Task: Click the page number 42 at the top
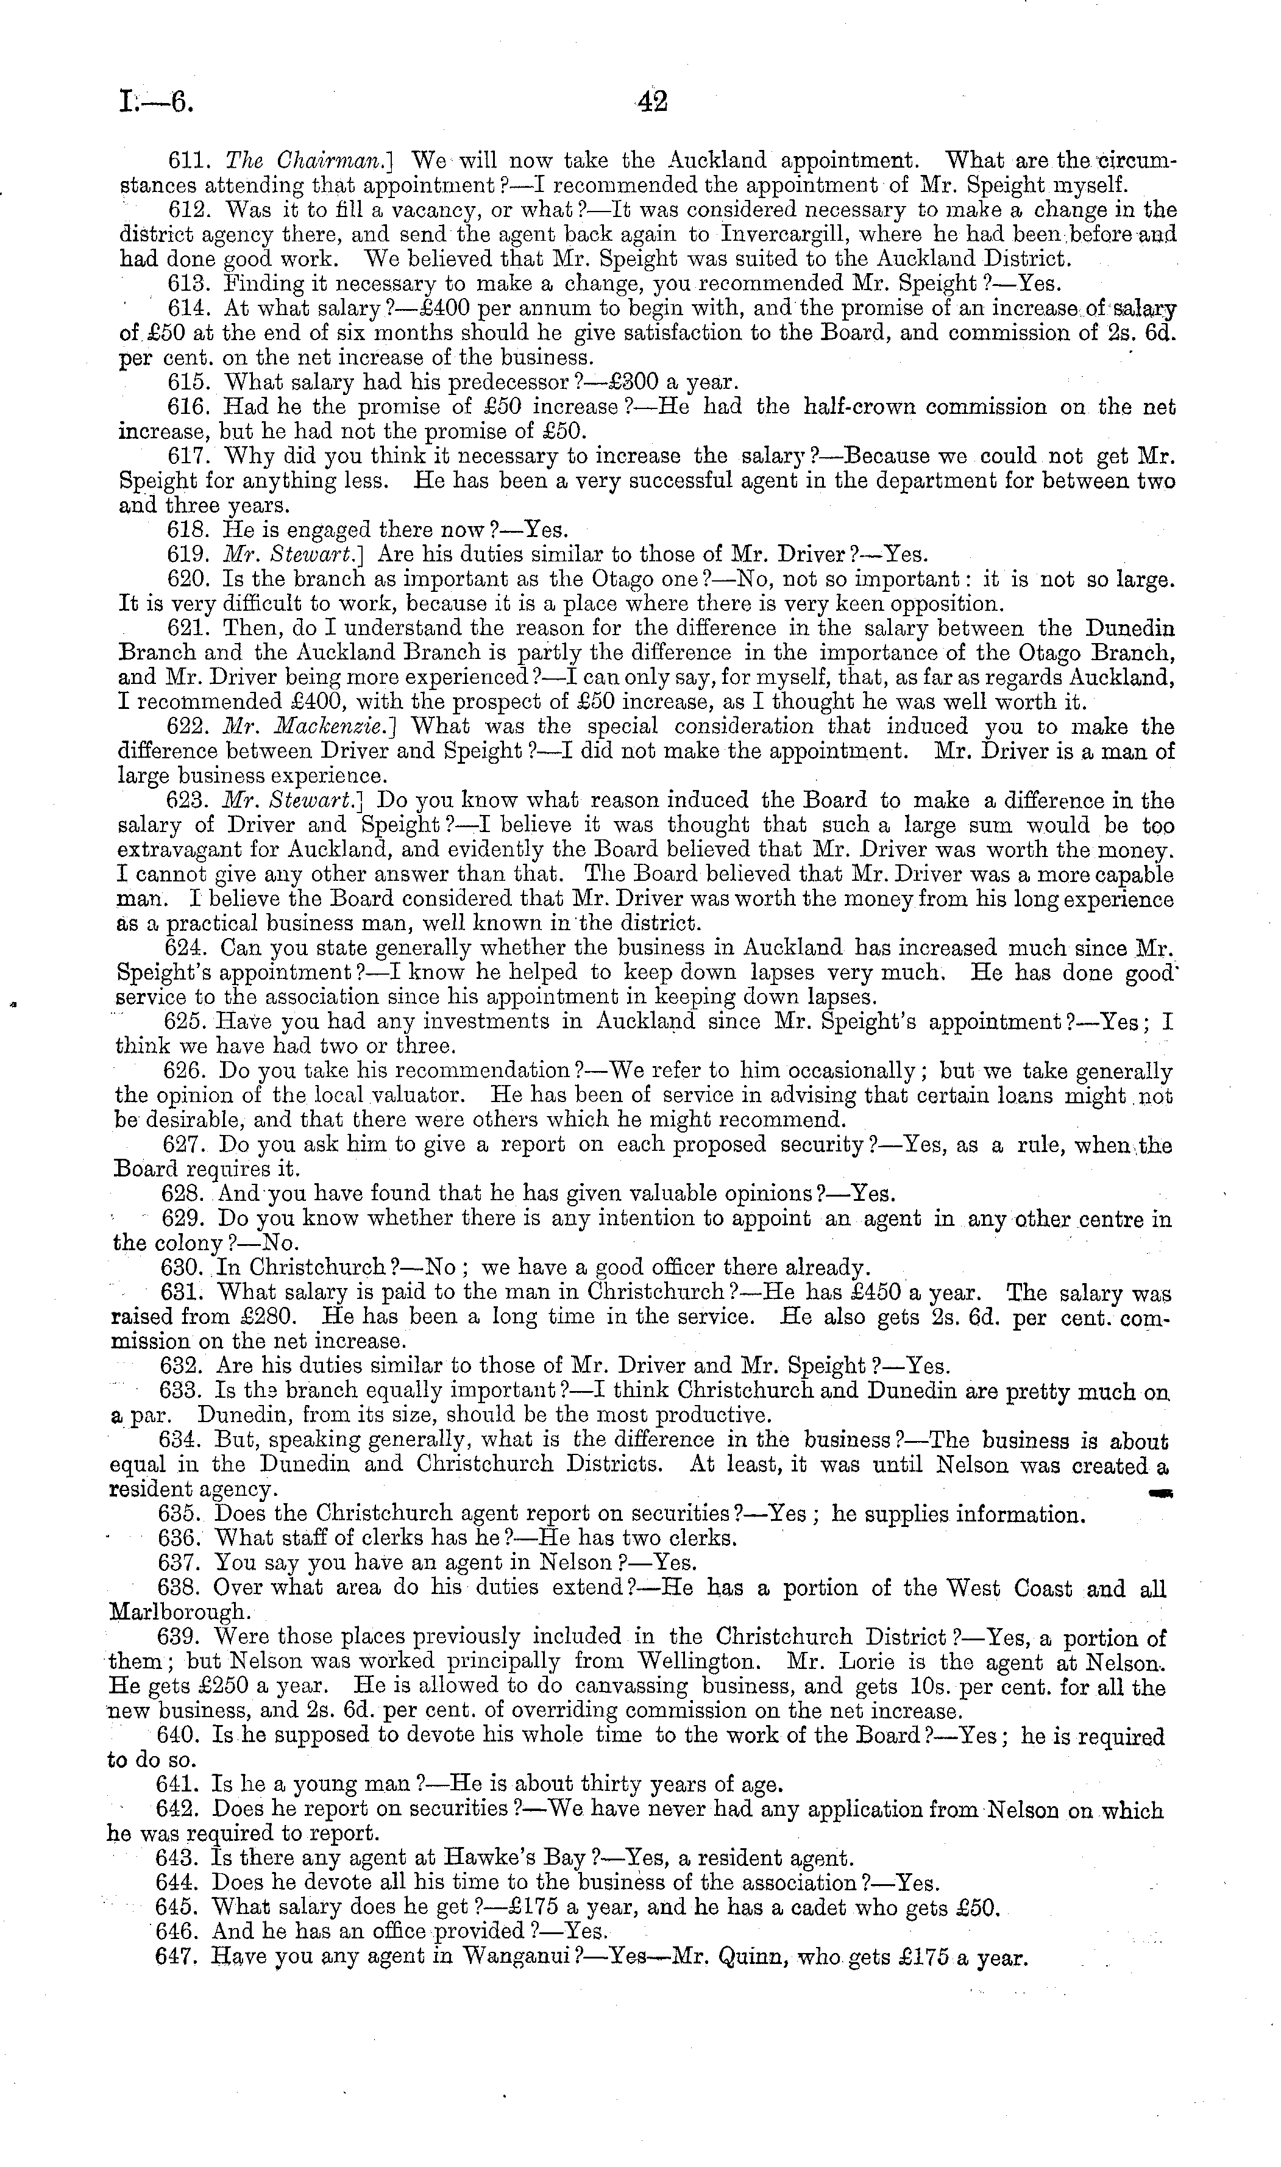pos(653,102)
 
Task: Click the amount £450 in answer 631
pos(873,1293)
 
